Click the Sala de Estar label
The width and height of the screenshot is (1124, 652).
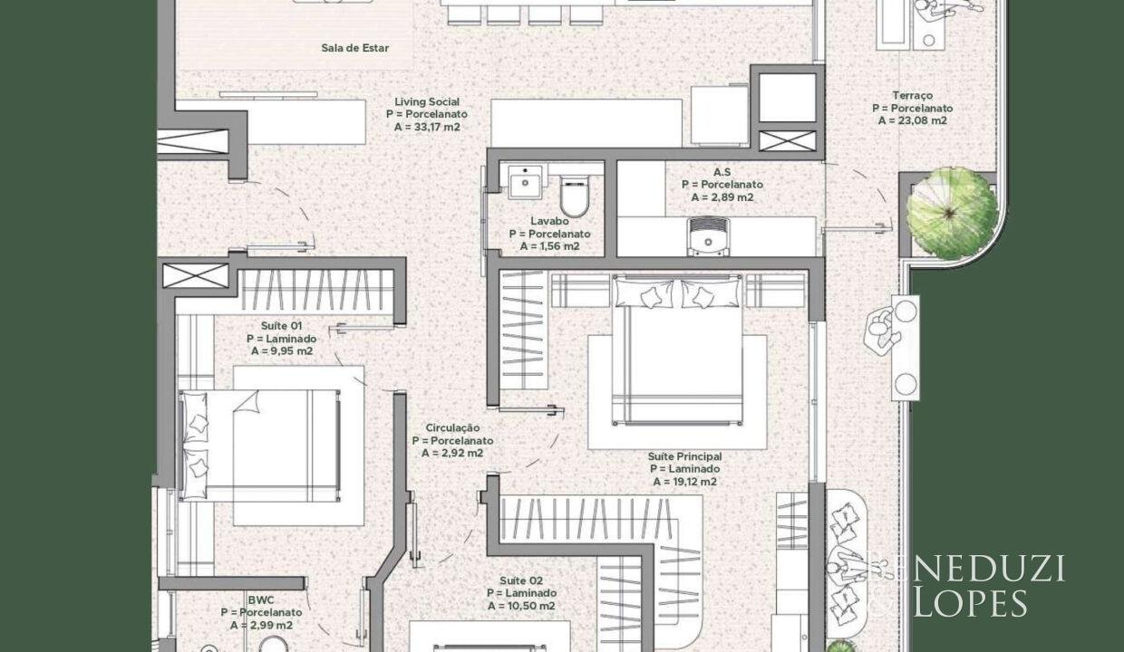(354, 48)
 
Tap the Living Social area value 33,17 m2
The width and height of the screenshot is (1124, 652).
(427, 128)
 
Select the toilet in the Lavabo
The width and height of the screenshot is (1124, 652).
(575, 196)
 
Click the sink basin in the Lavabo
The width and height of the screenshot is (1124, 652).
(525, 182)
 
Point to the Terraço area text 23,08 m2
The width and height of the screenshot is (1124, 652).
(912, 120)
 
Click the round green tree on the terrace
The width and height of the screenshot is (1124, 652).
(952, 213)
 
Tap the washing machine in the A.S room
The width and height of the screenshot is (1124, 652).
(708, 237)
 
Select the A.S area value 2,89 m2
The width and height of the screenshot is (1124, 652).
(722, 197)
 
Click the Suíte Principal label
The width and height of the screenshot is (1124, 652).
(684, 456)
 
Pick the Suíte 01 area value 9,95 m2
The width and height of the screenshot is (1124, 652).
(282, 351)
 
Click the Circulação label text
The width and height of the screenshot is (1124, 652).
(452, 428)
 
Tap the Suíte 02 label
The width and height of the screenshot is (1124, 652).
(521, 580)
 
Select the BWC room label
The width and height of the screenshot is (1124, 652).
(261, 599)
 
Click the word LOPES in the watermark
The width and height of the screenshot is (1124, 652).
(971, 603)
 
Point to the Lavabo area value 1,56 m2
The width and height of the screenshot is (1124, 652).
(549, 246)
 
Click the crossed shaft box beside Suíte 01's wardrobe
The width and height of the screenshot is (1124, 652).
(196, 275)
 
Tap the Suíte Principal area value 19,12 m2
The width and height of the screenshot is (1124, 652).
(684, 482)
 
